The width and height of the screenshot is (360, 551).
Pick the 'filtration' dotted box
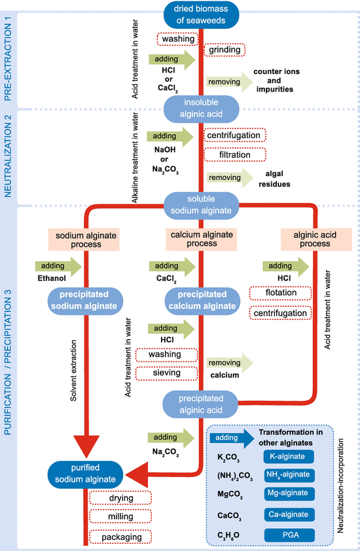[x=235, y=155]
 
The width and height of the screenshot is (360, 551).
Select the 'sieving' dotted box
[x=166, y=373]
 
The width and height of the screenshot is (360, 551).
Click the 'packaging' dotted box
[x=121, y=537]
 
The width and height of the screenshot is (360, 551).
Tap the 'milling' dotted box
[x=121, y=518]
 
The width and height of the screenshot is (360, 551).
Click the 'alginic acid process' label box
[x=306, y=239]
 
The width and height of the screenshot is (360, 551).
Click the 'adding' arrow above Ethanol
[x=57, y=266]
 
